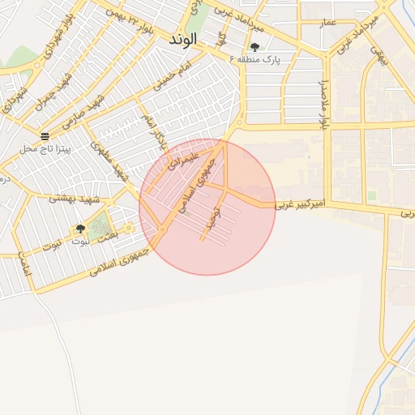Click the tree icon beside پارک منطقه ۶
point(255,47)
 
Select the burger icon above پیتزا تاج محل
point(45,135)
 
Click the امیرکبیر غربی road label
point(299,205)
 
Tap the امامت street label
point(24,262)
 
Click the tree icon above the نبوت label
point(79,229)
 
